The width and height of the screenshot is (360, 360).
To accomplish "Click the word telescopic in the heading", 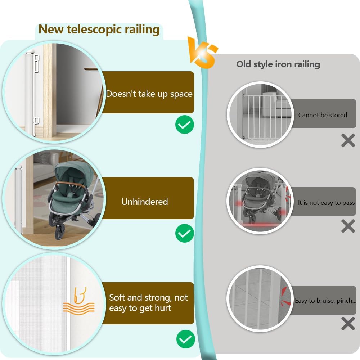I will (x=95, y=30).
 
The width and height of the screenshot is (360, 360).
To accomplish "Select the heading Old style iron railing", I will (x=278, y=64).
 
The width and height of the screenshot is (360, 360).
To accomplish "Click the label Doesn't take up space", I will (x=149, y=94).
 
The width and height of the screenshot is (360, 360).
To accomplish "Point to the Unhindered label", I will (x=145, y=202).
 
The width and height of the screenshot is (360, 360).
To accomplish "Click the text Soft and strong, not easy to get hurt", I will (x=148, y=303).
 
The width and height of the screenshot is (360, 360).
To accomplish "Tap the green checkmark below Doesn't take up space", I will (x=185, y=125).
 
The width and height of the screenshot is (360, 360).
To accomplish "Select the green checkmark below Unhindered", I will (x=185, y=234).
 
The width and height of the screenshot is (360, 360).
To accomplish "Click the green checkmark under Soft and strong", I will (x=185, y=339).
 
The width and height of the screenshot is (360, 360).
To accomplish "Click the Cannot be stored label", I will (x=323, y=115).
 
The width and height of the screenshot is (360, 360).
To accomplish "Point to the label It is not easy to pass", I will (x=326, y=203).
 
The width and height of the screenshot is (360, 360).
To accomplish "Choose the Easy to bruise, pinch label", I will (x=325, y=301).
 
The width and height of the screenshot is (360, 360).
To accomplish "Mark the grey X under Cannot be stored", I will (x=348, y=140).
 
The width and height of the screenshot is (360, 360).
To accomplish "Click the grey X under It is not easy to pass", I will (x=348, y=226).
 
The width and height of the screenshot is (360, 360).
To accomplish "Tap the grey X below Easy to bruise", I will (x=348, y=324).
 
